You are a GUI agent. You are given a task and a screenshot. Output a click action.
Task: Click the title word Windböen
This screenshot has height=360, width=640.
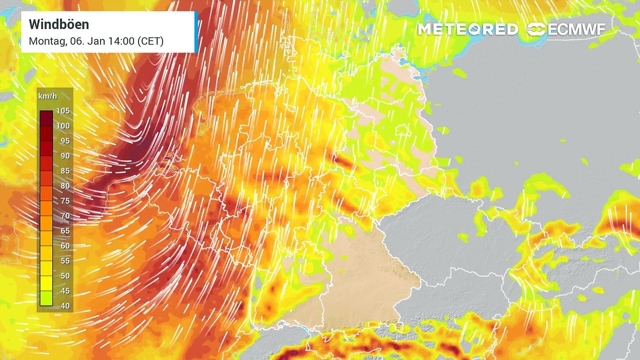[x=59, y=24]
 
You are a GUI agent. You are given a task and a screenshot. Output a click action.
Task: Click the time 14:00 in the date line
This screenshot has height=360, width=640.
[x=121, y=41]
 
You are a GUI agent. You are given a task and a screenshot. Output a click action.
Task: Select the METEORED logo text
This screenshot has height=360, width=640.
[x=467, y=29]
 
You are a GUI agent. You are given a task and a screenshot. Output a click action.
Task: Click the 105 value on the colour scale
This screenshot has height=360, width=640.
[x=63, y=111]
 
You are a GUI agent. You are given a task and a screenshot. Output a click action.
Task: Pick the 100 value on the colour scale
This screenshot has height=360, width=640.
[x=63, y=126]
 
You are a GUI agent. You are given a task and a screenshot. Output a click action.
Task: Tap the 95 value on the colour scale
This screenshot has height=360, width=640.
[x=65, y=141]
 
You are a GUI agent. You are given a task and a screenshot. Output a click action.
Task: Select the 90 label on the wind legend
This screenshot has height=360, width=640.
[x=65, y=156]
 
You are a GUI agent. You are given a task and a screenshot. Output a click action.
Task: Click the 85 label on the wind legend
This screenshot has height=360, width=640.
[x=65, y=171]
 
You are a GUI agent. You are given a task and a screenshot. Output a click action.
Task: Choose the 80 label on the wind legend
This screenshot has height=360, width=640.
[x=65, y=186]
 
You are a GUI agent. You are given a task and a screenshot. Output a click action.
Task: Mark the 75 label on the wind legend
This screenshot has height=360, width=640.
[x=65, y=201]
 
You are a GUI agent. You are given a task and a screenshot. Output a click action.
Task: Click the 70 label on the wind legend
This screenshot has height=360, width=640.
[x=65, y=216]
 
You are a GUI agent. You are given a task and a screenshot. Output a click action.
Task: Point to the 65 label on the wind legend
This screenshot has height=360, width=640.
[x=65, y=231]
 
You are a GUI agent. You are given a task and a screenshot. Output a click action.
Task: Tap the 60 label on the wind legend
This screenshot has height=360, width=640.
[x=65, y=246]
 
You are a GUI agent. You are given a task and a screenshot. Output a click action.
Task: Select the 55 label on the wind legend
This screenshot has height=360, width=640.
[x=65, y=261]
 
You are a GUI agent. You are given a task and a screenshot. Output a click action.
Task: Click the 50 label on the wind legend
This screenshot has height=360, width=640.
[x=65, y=276]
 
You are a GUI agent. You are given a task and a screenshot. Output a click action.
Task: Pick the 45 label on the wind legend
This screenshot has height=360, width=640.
[x=65, y=291]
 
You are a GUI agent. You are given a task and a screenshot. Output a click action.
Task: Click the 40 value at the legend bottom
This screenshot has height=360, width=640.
[x=65, y=306]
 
